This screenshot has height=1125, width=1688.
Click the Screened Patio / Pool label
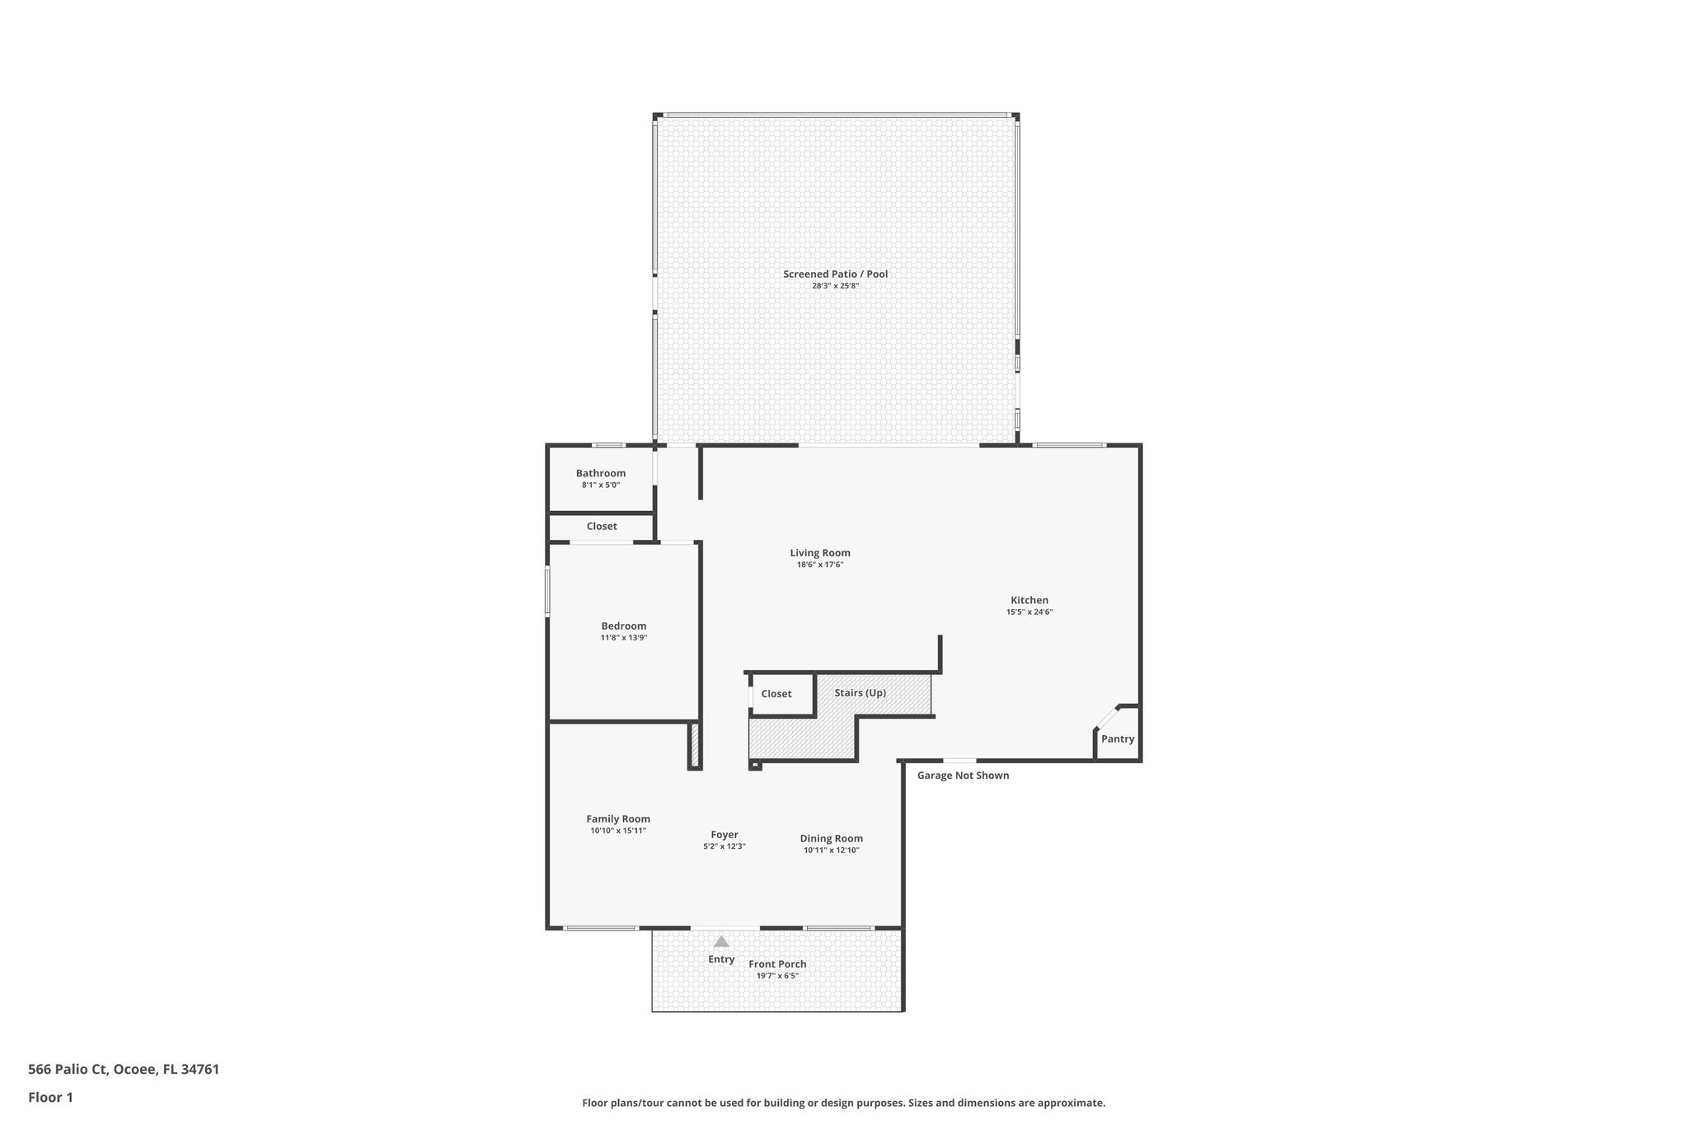pos(835,274)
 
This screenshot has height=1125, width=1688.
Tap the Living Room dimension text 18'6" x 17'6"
pos(819,565)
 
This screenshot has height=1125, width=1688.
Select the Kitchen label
pos(1029,600)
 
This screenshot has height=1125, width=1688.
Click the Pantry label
pos(1118,738)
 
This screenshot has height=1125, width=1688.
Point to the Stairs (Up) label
pos(860,692)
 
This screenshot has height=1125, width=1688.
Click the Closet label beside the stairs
pos(776,694)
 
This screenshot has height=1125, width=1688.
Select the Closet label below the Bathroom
pos(602,526)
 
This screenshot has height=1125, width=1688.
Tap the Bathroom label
pos(601,473)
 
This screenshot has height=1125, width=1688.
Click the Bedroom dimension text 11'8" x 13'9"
pos(623,638)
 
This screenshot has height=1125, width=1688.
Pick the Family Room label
pos(618,818)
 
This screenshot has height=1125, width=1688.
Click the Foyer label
pos(724,835)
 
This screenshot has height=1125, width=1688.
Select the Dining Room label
pos(831,838)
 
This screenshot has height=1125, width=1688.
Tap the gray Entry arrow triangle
pos(721,941)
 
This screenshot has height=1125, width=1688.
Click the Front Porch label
pos(777,963)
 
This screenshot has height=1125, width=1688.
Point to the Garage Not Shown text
pos(963,776)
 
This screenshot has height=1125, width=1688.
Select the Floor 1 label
pos(51,1098)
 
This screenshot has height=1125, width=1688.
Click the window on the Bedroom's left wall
pos(547,590)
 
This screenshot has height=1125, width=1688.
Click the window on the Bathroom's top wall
pos(609,446)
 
